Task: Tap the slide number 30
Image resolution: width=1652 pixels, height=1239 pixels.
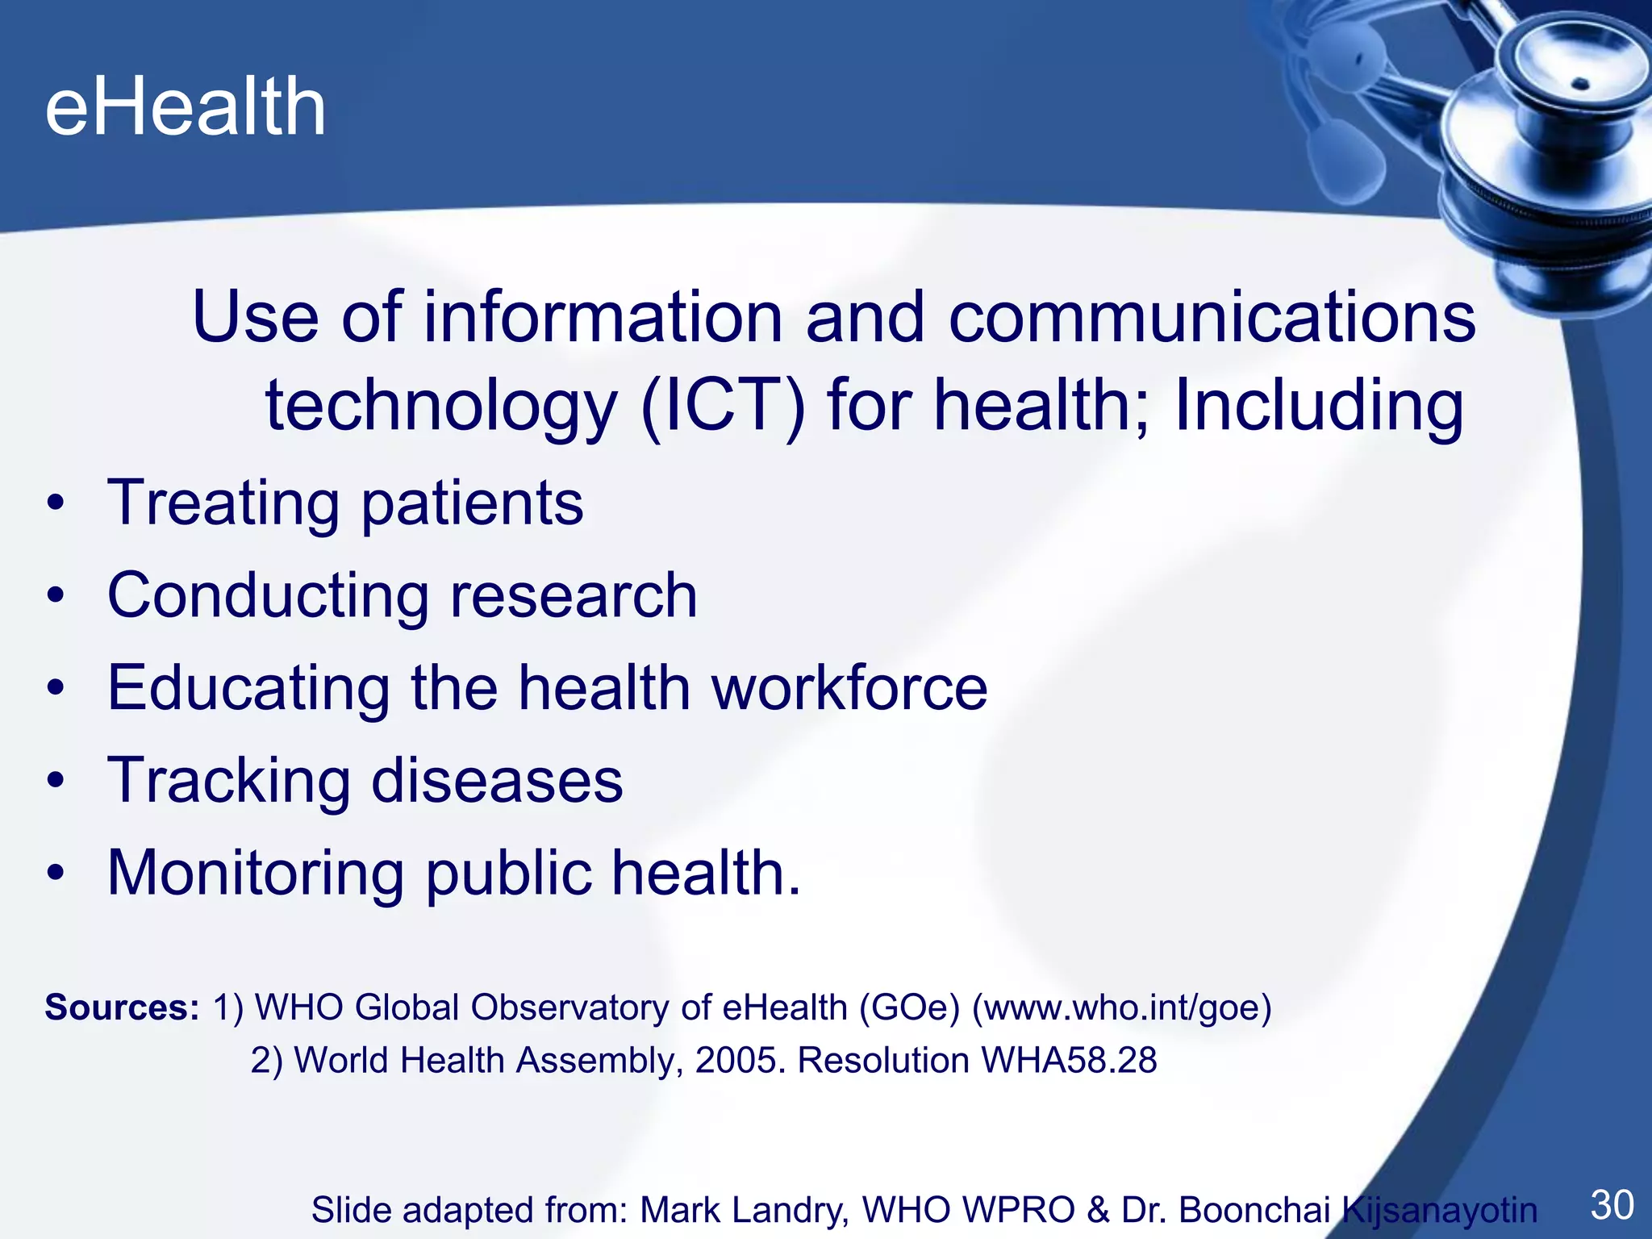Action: pos(1612,1205)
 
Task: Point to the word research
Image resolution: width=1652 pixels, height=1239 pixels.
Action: pos(574,596)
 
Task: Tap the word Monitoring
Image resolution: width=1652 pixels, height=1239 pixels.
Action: pos(256,874)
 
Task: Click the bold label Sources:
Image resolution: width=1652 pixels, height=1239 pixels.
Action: pos(122,1007)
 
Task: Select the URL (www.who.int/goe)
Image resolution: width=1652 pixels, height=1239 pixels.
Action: pos(1122,1007)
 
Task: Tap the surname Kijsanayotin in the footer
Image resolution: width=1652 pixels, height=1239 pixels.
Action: pos(1440,1210)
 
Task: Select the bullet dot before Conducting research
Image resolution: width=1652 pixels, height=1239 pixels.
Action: pos(55,596)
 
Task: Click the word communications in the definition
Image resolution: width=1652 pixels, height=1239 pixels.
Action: pos(1212,317)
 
